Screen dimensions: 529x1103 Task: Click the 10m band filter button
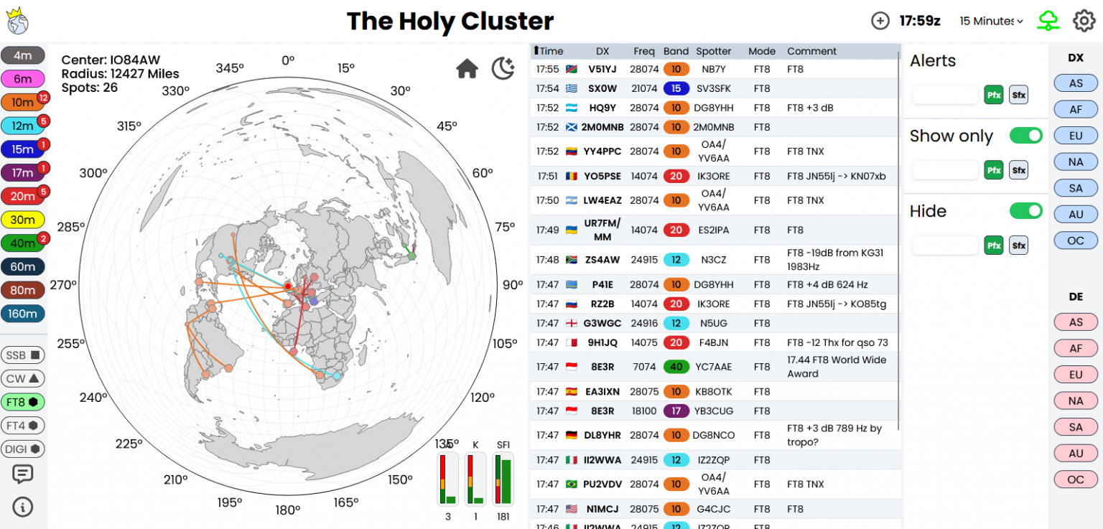click(23, 102)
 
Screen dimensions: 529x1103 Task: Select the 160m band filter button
click(23, 314)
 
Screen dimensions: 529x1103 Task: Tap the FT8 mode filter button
click(23, 402)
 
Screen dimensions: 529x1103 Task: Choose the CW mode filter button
click(23, 378)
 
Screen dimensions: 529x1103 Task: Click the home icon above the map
click(467, 69)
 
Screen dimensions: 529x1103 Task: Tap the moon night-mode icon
click(503, 69)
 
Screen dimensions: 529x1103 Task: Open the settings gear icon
click(1084, 21)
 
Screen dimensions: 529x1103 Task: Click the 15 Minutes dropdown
click(991, 21)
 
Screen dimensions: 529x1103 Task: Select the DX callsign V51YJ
click(602, 69)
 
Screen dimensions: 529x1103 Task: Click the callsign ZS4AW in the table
click(602, 259)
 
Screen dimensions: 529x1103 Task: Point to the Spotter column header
click(713, 51)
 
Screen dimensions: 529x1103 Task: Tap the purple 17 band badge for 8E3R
click(676, 411)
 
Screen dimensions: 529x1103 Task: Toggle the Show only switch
click(1025, 136)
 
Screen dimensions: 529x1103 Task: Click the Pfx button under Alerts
click(994, 95)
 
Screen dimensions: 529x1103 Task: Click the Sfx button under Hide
click(1018, 245)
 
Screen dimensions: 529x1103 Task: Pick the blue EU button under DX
click(1075, 135)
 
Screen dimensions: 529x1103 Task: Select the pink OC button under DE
click(1075, 479)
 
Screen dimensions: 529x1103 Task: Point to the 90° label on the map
click(513, 285)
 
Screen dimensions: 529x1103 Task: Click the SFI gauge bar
click(503, 479)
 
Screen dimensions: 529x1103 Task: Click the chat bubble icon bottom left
click(23, 474)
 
